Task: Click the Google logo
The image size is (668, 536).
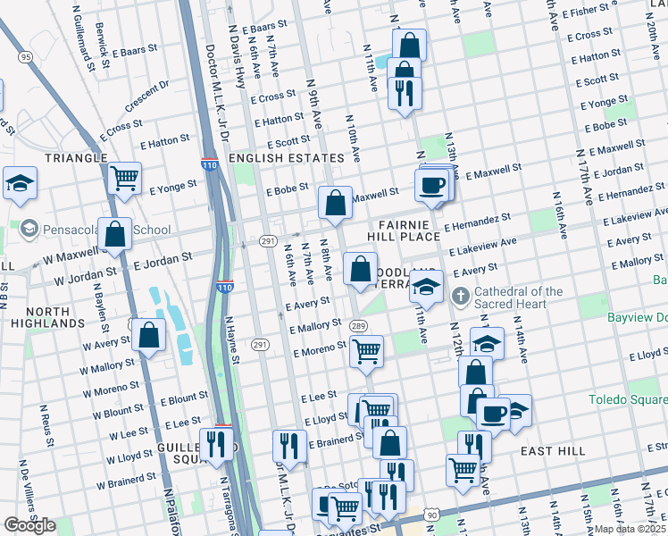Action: (30, 525)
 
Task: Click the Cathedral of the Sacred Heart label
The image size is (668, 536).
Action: (518, 298)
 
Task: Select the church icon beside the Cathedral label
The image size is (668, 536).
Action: (460, 297)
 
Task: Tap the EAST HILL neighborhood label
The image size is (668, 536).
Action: (552, 451)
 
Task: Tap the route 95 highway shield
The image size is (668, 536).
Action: (24, 57)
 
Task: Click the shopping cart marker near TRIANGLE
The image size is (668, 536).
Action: (124, 177)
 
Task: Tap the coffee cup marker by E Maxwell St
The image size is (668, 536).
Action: (431, 185)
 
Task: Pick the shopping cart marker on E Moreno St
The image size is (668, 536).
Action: (366, 352)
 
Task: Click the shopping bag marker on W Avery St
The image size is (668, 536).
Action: (150, 336)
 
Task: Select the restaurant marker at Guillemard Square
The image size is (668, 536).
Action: (216, 442)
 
